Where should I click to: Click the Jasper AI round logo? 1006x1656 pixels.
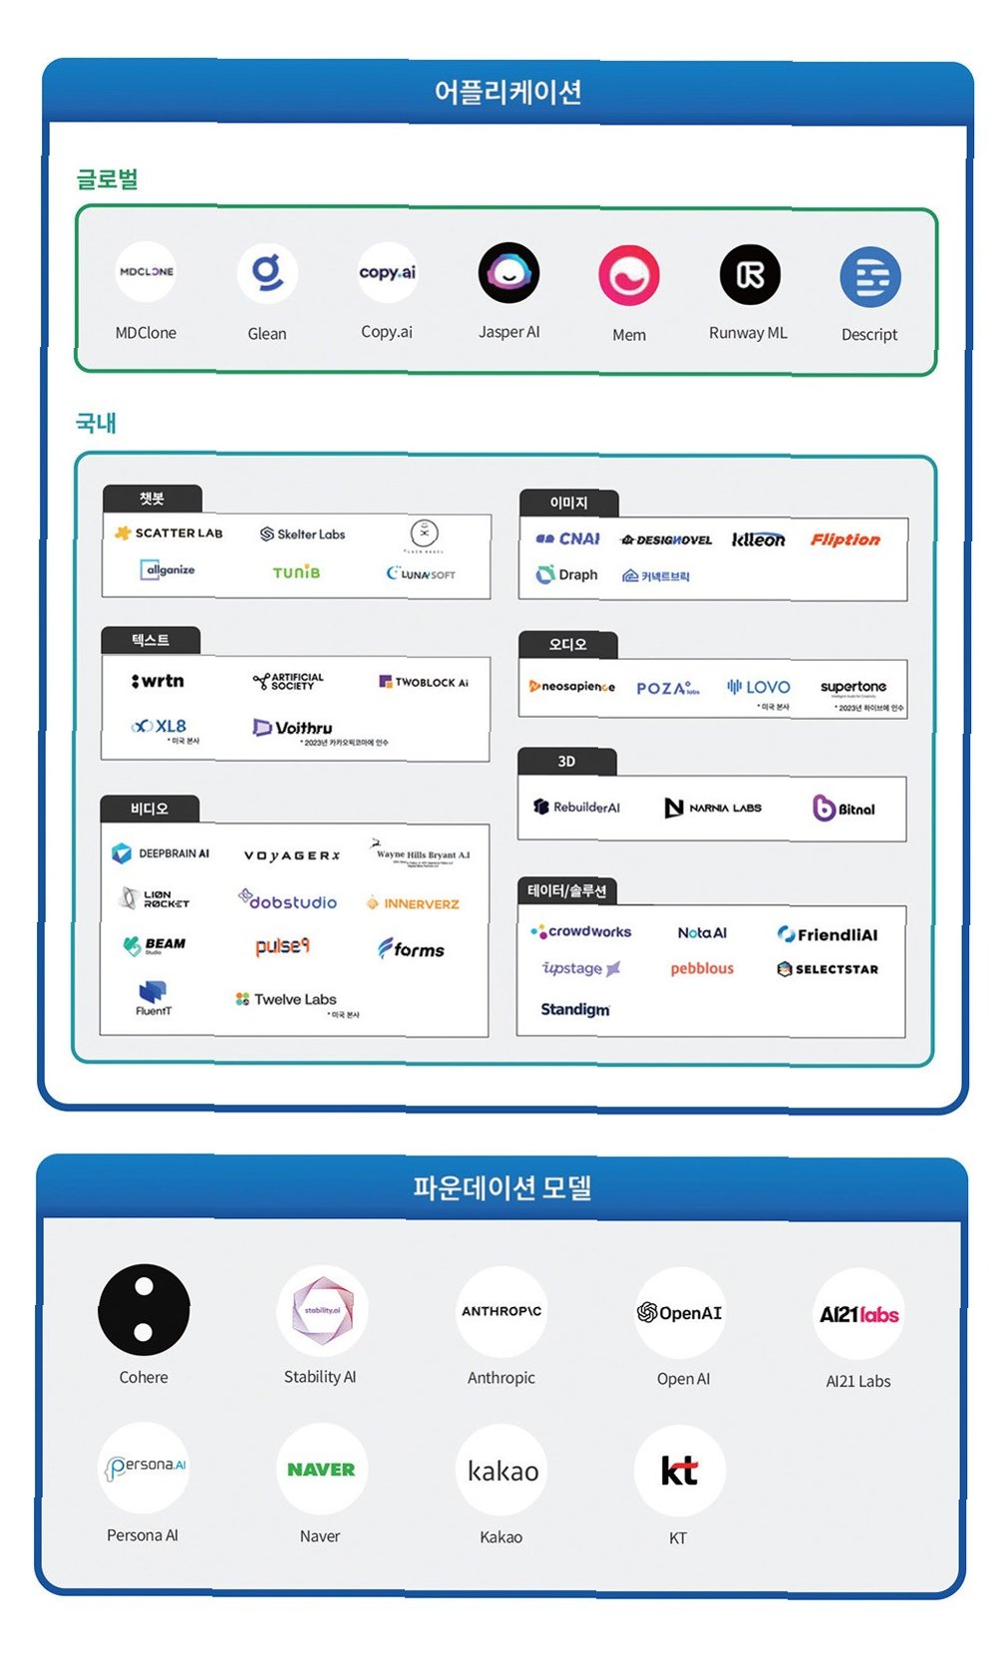(508, 273)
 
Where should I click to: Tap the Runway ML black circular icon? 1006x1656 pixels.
(750, 274)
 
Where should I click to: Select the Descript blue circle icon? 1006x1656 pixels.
(869, 276)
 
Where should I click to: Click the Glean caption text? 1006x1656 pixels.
(267, 334)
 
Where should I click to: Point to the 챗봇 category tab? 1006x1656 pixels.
(153, 498)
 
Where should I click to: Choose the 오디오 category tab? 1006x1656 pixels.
(567, 645)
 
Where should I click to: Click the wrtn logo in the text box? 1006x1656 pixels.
(159, 681)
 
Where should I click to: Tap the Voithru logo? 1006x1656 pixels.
(293, 728)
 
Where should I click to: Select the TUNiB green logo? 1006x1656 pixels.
(296, 572)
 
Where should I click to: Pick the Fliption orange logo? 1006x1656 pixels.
(844, 539)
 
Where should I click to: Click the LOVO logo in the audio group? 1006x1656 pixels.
(759, 687)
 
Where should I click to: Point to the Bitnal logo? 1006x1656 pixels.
(844, 809)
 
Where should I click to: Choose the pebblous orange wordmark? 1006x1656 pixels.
(702, 968)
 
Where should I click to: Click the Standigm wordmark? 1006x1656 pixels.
(575, 1009)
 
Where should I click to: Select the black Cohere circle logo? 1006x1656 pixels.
(144, 1310)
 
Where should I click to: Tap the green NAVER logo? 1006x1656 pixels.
(321, 1470)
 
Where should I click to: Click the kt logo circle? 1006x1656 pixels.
(679, 1471)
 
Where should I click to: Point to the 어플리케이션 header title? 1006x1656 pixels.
(507, 93)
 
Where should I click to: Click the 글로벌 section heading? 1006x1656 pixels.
(108, 179)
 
